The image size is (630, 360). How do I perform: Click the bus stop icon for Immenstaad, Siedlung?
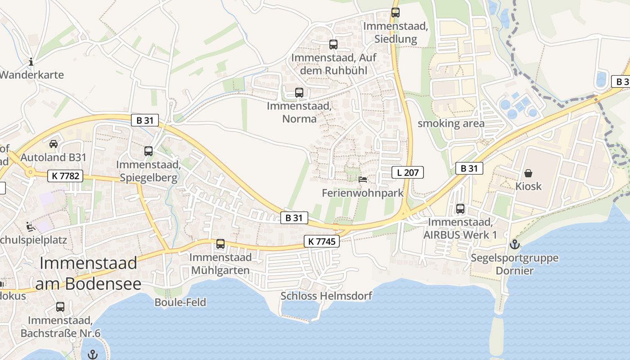click(396, 13)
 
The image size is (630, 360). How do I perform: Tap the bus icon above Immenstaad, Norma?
click(299, 93)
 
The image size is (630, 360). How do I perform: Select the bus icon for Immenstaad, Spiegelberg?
click(148, 151)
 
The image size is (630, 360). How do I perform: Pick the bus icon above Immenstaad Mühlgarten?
click(220, 244)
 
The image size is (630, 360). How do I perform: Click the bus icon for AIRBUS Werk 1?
click(460, 209)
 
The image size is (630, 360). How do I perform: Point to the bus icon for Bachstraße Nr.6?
click(60, 307)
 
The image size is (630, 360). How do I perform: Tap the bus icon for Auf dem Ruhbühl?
click(333, 45)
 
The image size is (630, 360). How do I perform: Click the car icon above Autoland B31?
click(54, 144)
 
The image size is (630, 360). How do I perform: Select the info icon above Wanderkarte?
click(31, 62)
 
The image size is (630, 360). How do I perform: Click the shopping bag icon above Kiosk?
click(528, 173)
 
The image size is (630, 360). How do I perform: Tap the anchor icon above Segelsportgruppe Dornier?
click(514, 244)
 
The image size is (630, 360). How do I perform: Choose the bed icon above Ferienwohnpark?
click(363, 179)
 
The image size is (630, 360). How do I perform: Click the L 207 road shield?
click(408, 172)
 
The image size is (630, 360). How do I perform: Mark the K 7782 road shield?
click(65, 176)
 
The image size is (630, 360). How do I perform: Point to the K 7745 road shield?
click(321, 241)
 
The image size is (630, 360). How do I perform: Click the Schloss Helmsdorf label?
click(326, 296)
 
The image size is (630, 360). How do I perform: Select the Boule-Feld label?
click(180, 302)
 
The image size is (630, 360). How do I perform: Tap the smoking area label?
click(451, 123)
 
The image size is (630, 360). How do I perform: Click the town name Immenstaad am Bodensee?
click(88, 273)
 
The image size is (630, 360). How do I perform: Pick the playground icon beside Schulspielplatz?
click(31, 226)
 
